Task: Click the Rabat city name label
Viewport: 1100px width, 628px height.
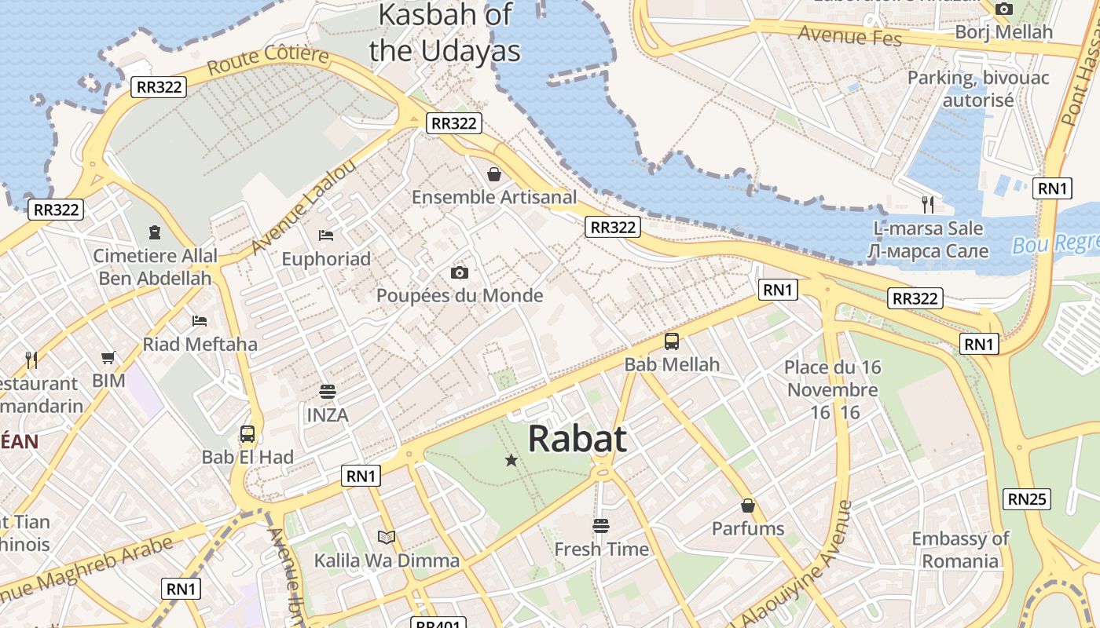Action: (577, 439)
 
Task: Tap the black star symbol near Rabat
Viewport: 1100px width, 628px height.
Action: (511, 460)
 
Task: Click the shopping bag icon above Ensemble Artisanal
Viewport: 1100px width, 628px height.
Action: (494, 173)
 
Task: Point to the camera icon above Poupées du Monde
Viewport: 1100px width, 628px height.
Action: (460, 272)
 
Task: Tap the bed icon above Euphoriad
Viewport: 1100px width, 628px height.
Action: (326, 235)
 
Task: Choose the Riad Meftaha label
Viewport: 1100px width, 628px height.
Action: (200, 344)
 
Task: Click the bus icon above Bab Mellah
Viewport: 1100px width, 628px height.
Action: (672, 341)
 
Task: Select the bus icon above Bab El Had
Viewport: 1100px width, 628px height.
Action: (247, 433)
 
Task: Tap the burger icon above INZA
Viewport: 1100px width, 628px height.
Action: (327, 391)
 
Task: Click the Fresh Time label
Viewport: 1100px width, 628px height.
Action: (602, 549)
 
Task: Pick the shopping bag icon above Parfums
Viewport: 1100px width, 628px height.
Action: (748, 505)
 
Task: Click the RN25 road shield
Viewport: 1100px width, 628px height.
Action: (1027, 498)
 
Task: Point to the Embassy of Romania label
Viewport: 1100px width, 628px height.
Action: (960, 549)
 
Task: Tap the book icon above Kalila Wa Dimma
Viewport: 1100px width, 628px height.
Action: (386, 537)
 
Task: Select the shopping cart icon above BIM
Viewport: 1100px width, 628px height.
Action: (108, 358)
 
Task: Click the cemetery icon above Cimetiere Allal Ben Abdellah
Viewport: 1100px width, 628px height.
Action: (155, 232)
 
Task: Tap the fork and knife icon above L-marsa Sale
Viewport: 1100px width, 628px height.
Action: (928, 205)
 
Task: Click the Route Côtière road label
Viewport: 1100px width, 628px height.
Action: (268, 60)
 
